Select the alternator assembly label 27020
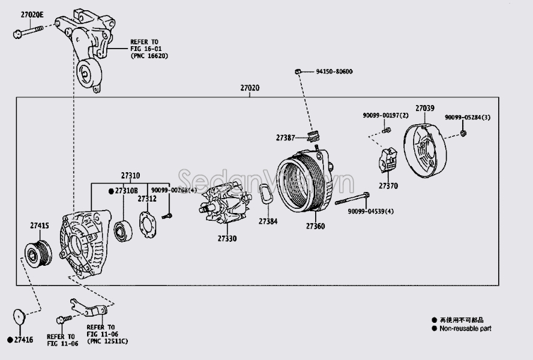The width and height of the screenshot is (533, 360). click(x=250, y=88)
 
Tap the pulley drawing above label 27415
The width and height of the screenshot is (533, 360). click(x=37, y=252)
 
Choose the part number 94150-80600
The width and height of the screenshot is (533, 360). click(x=334, y=72)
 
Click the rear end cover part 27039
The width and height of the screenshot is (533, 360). click(x=428, y=148)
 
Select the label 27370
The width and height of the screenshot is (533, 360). click(x=388, y=187)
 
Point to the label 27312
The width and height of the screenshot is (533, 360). click(x=146, y=199)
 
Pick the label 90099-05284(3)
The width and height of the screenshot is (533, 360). click(x=468, y=117)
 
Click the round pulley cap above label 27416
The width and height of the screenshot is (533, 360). click(x=19, y=316)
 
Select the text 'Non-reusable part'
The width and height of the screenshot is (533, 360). click(x=465, y=328)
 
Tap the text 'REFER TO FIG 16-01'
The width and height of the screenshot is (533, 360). click(x=145, y=46)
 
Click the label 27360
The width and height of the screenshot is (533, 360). click(x=315, y=226)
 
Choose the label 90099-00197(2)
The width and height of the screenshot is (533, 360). click(x=385, y=115)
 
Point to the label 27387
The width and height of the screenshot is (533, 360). click(x=285, y=137)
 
